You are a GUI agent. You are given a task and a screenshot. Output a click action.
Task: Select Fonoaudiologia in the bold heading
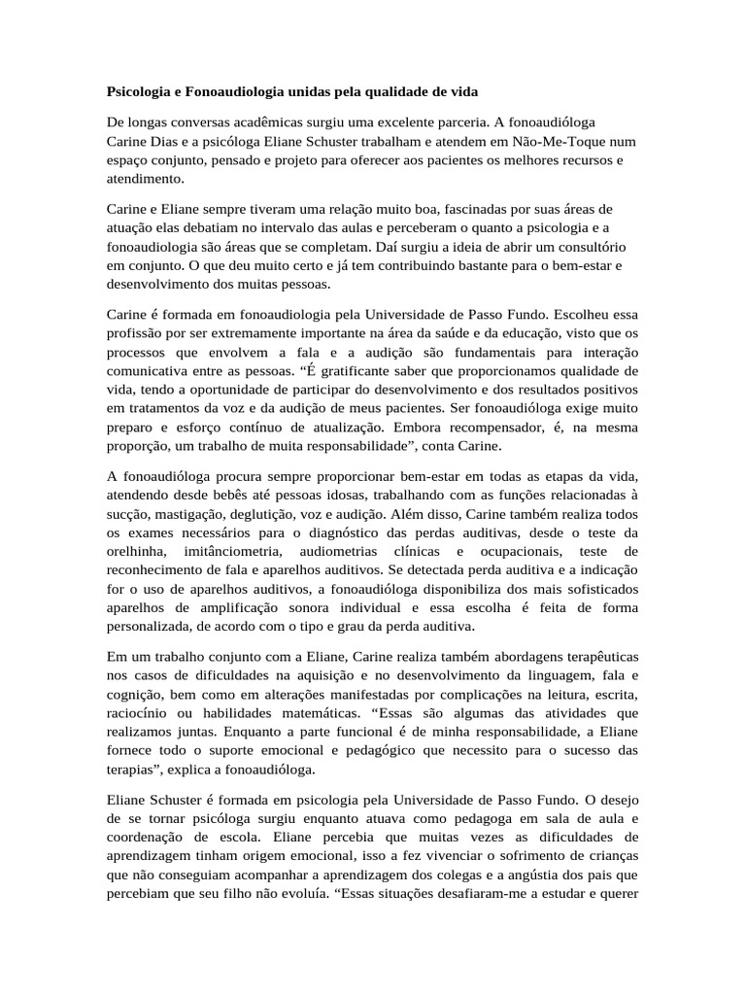(240, 92)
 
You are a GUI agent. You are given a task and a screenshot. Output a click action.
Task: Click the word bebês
(242, 495)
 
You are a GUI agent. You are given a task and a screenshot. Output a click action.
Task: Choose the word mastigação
(192, 513)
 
